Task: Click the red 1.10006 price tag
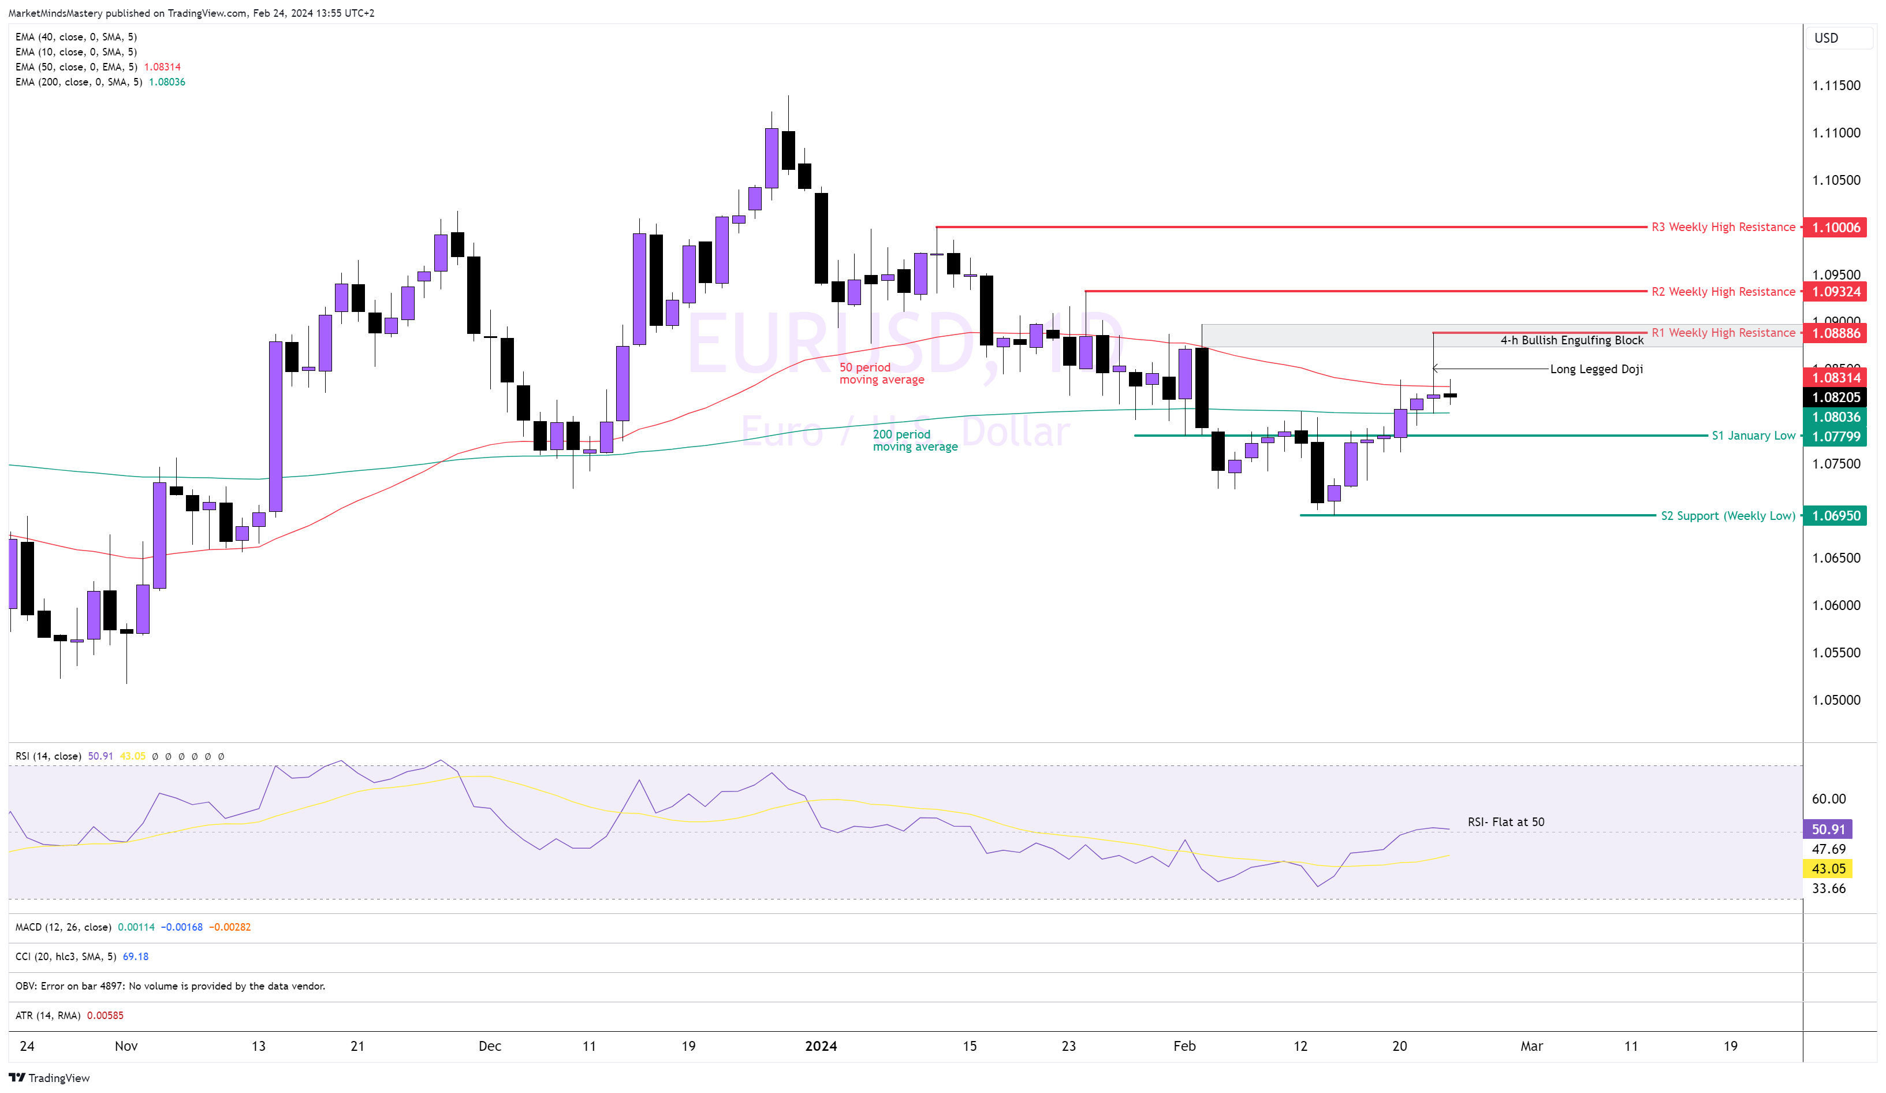tap(1835, 228)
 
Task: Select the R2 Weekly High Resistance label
tap(1723, 292)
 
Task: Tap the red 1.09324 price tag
tap(1835, 292)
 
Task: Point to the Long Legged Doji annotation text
tap(1596, 369)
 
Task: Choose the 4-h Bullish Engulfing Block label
tap(1572, 341)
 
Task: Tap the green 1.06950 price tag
tap(1835, 516)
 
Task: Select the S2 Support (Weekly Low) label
tap(1727, 516)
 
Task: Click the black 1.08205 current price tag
tap(1835, 397)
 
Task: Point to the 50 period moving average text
tap(881, 374)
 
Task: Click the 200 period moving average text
tap(915, 441)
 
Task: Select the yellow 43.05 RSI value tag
tap(1828, 869)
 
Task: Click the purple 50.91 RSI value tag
tap(1828, 830)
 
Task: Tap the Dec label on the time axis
tap(490, 1047)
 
